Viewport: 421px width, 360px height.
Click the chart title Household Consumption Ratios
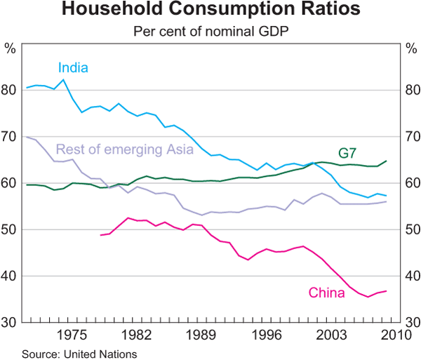point(210,11)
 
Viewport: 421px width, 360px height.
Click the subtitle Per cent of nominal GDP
point(210,31)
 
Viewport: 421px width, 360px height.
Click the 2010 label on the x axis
point(395,335)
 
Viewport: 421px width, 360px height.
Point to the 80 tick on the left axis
point(10,90)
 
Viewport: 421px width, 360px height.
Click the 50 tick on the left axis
point(10,229)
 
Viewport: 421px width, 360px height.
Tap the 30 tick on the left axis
point(10,322)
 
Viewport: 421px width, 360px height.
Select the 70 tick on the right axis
point(410,136)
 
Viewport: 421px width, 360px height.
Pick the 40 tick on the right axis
point(410,276)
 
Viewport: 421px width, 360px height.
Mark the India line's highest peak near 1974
point(64,79)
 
